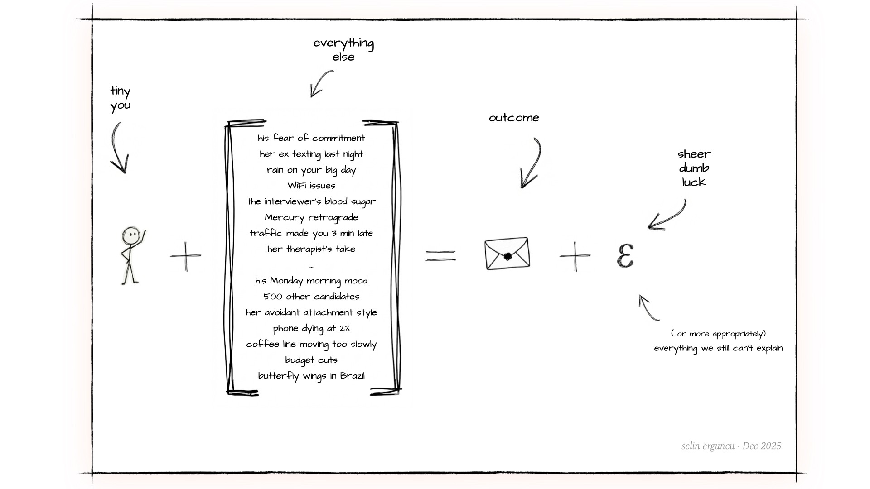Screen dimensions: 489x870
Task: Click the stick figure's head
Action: pyautogui.click(x=130, y=235)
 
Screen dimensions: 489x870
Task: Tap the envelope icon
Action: pyautogui.click(x=507, y=254)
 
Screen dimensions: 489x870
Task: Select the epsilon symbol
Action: pyautogui.click(x=625, y=256)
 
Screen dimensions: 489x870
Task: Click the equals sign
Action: pyautogui.click(x=440, y=256)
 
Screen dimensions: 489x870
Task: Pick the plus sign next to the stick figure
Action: pyautogui.click(x=186, y=256)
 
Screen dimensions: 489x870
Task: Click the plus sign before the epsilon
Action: pyautogui.click(x=575, y=256)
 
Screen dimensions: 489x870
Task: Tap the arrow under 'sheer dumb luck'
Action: pyautogui.click(x=668, y=216)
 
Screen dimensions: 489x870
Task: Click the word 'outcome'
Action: pyautogui.click(x=514, y=118)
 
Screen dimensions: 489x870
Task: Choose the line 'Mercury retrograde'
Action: pyautogui.click(x=311, y=218)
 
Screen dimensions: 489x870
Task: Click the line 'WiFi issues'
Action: pyautogui.click(x=311, y=186)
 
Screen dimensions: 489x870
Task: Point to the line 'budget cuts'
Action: pyautogui.click(x=311, y=360)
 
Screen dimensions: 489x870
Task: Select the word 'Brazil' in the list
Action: pyautogui.click(x=352, y=376)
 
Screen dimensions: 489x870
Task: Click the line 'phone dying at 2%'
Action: pyautogui.click(x=311, y=329)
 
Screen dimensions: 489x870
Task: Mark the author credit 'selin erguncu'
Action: pyautogui.click(x=708, y=446)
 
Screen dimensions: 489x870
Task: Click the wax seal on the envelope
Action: pyautogui.click(x=507, y=256)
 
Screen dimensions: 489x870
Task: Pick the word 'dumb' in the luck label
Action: pyautogui.click(x=694, y=168)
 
